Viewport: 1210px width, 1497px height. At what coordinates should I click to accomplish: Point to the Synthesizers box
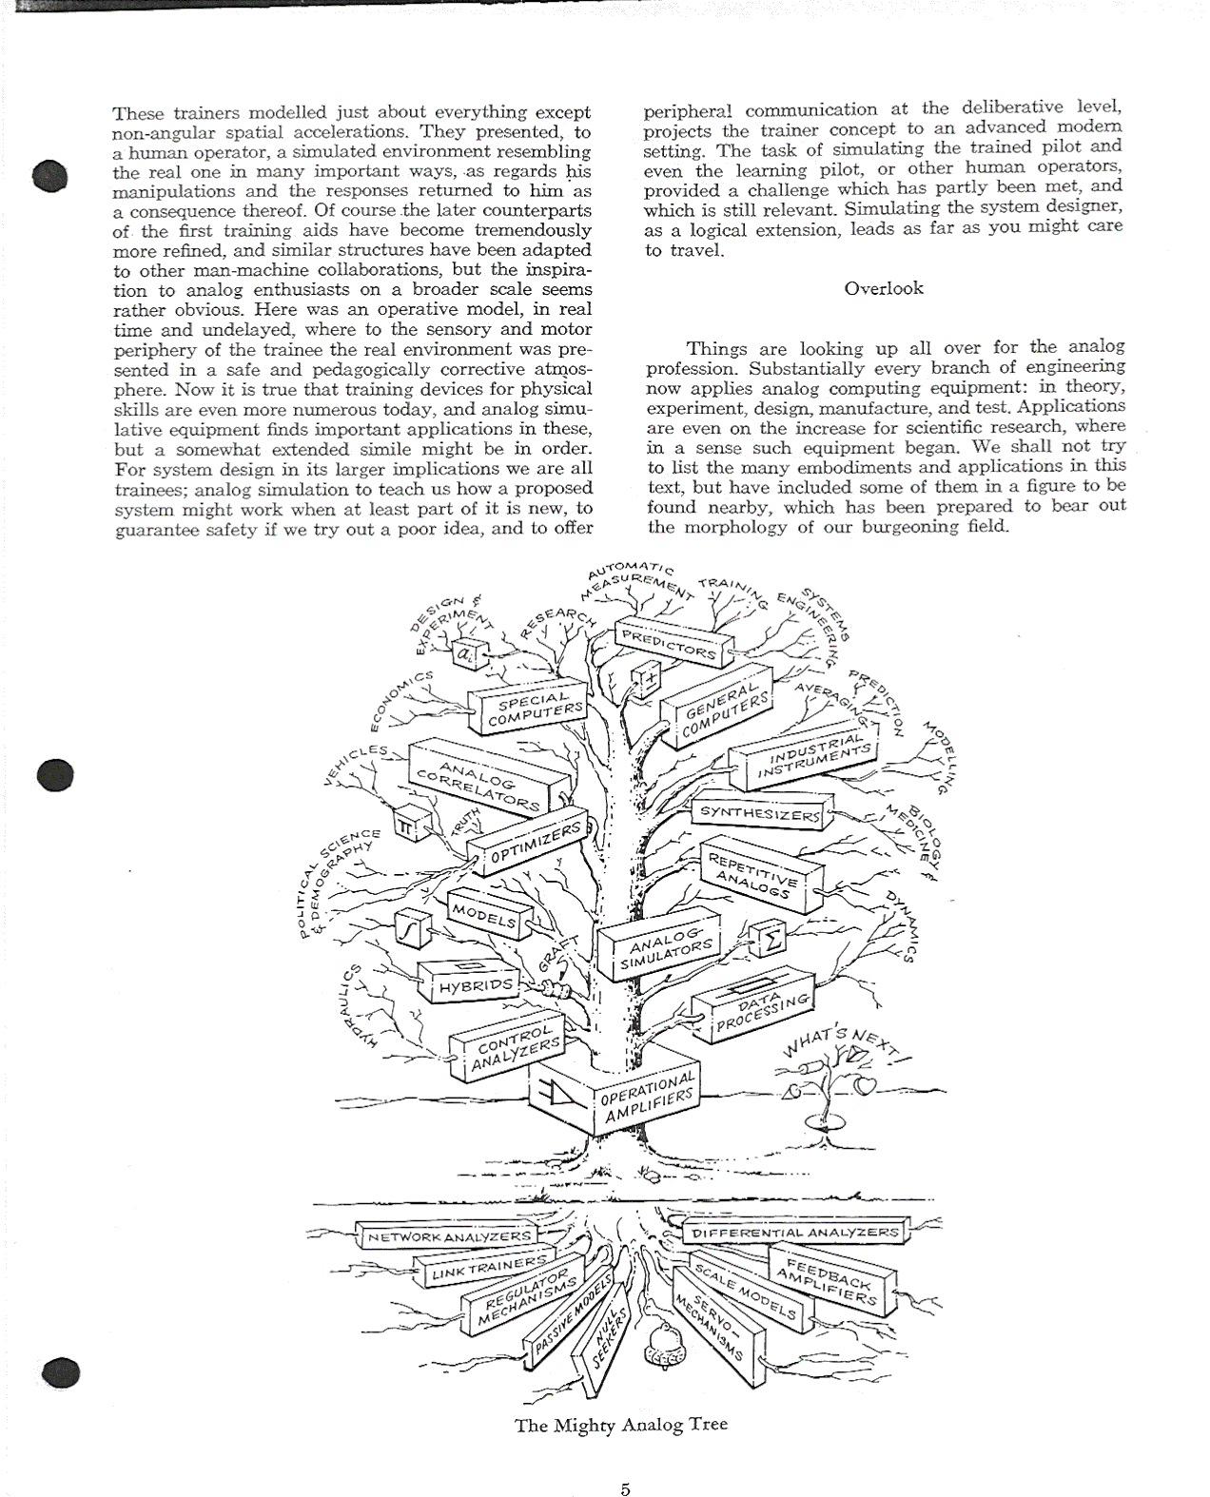759,813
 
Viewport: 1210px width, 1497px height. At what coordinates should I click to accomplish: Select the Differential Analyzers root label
794,1233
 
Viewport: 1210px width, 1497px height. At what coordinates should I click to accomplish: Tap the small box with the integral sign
411,929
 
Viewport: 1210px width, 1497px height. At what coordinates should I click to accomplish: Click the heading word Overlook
883,288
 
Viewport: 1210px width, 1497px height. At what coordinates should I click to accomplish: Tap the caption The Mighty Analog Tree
621,1425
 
